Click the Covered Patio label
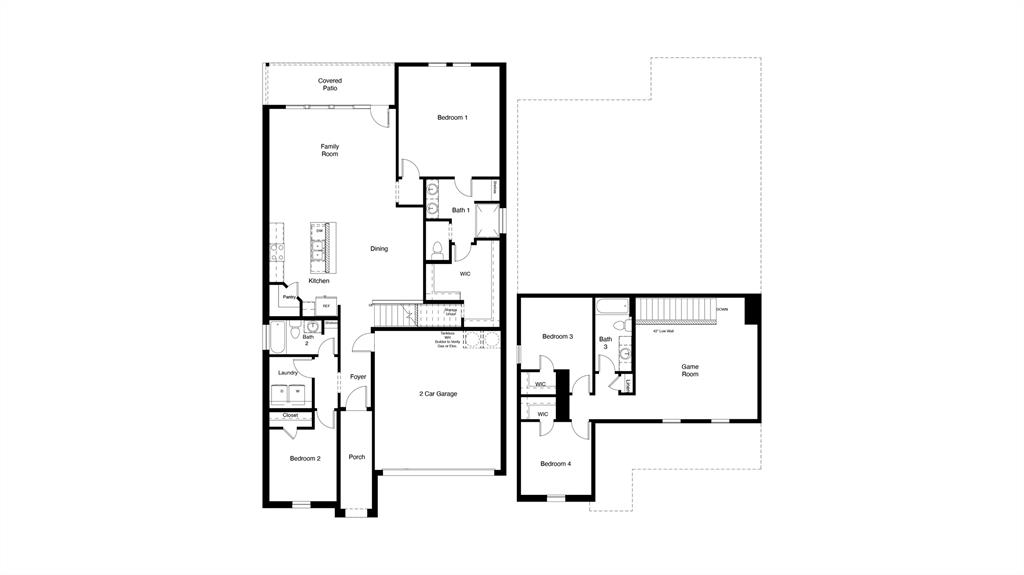[x=330, y=85]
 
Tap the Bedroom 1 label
[x=452, y=118]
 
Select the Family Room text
[x=330, y=150]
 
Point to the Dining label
[x=379, y=249]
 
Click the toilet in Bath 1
[x=438, y=248]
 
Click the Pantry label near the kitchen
[x=288, y=297]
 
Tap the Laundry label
[x=288, y=373]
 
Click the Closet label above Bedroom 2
[x=290, y=415]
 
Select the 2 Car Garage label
[x=438, y=394]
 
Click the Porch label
[x=357, y=457]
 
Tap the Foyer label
[x=357, y=377]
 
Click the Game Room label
[x=690, y=371]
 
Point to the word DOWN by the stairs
[x=722, y=310]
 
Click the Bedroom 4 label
[x=556, y=464]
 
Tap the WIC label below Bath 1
[x=465, y=273]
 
